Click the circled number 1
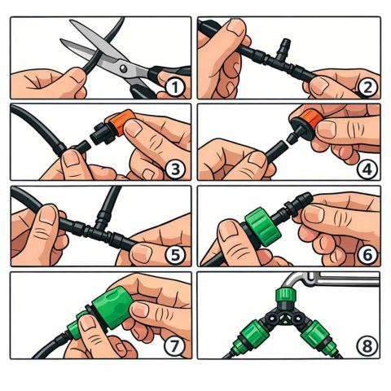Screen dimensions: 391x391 (x=175, y=88)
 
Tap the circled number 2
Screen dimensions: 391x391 (x=367, y=87)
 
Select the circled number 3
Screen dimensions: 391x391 (x=176, y=169)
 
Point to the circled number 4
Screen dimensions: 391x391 (x=367, y=169)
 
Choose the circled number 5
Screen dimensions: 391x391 (x=176, y=255)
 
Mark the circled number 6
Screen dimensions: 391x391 (x=367, y=254)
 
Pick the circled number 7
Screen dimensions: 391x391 (x=174, y=345)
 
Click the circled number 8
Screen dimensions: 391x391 (x=367, y=346)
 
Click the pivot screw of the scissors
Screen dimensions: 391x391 (x=123, y=68)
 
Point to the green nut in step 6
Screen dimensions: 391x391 (x=260, y=226)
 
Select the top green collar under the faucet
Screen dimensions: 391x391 (x=284, y=295)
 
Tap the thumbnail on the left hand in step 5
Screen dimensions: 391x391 (x=48, y=214)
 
